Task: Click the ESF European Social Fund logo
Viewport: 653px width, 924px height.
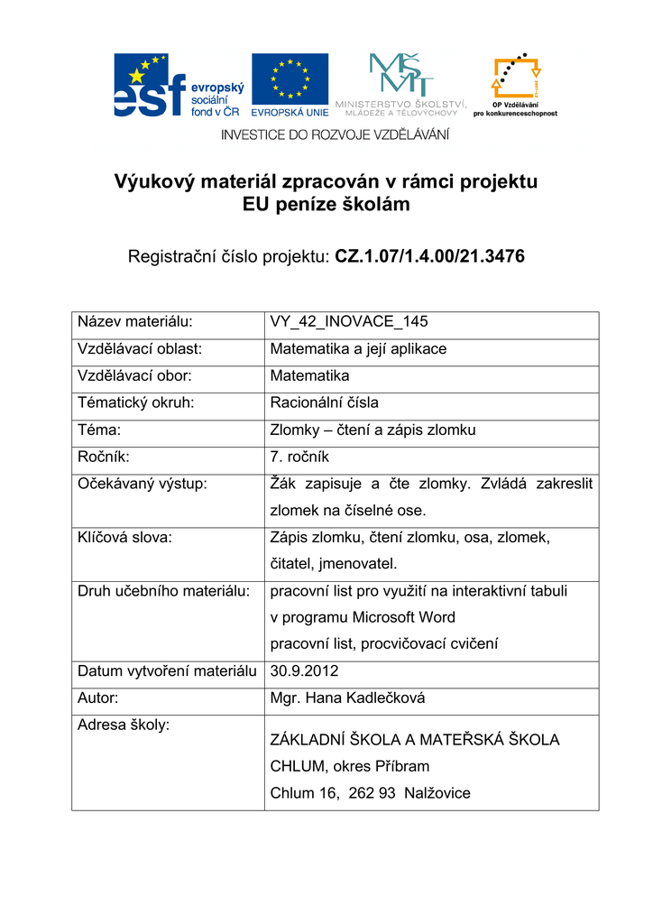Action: pyautogui.click(x=177, y=86)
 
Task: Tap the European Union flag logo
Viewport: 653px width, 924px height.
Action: pyautogui.click(x=290, y=85)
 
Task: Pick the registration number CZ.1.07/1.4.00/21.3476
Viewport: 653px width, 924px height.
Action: pyautogui.click(x=429, y=257)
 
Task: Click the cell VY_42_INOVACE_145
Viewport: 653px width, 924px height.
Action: pyautogui.click(x=349, y=322)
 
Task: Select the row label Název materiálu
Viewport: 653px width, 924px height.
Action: pyautogui.click(x=136, y=322)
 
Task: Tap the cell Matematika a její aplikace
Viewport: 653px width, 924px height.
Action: pyautogui.click(x=358, y=349)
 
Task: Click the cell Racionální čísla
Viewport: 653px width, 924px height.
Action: pyautogui.click(x=325, y=403)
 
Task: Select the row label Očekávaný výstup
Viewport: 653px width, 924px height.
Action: pyautogui.click(x=143, y=485)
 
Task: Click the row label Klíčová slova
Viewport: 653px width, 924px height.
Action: pyautogui.click(x=124, y=538)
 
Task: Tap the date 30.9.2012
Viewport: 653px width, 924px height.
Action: pyautogui.click(x=305, y=671)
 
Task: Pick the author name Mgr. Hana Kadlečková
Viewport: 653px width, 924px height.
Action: pyautogui.click(x=347, y=698)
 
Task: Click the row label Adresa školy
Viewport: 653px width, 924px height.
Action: pyautogui.click(x=124, y=725)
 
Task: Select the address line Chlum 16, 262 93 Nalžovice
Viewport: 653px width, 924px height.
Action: pyautogui.click(x=370, y=794)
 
